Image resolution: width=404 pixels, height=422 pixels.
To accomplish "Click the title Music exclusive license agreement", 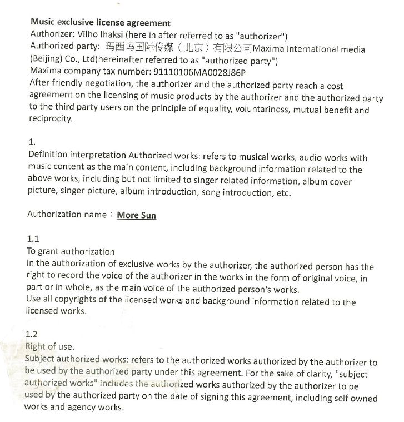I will pyautogui.click(x=100, y=23).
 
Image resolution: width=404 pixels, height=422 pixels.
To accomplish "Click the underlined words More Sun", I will pyautogui.click(x=136, y=216).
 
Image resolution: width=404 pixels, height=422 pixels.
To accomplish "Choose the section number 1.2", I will pyautogui.click(x=32, y=334).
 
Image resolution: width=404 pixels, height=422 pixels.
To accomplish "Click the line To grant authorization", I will pyautogui.click(x=71, y=251).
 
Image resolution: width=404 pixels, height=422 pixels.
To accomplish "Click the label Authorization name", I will pyautogui.click(x=66, y=215).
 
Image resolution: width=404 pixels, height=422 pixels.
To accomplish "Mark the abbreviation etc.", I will pyautogui.click(x=281, y=192).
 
